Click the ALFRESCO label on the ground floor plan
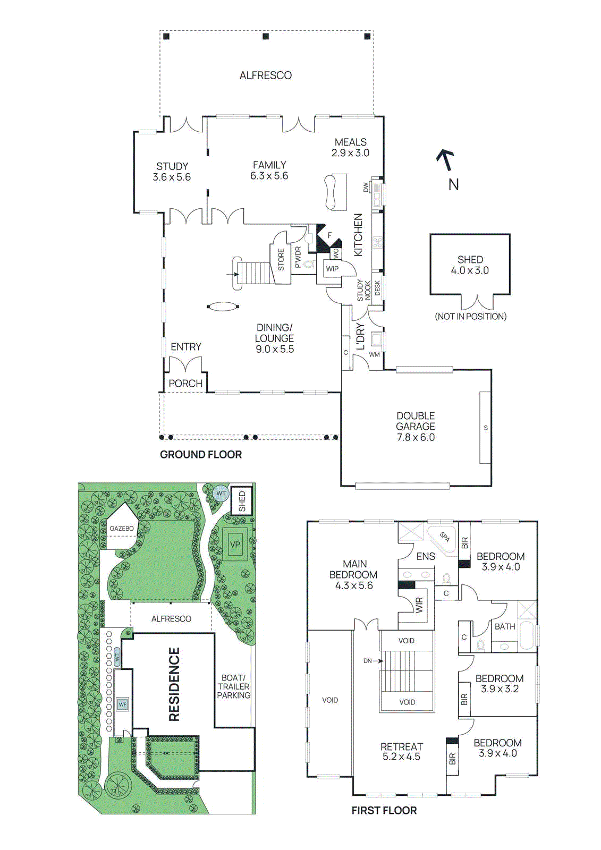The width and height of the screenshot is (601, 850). click(265, 75)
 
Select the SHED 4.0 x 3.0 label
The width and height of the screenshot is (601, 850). click(470, 265)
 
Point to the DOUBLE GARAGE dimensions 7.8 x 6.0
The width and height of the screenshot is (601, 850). click(416, 437)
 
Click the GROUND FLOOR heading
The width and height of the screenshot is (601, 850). click(201, 455)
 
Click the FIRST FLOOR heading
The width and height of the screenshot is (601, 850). click(384, 811)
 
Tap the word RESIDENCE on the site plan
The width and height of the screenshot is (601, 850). click(174, 685)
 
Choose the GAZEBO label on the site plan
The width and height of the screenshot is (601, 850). click(122, 528)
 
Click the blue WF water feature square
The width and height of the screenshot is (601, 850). click(123, 704)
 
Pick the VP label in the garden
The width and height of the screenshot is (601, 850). click(235, 545)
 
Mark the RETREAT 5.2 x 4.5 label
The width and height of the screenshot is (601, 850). click(402, 752)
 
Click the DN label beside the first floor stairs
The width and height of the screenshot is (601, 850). click(368, 661)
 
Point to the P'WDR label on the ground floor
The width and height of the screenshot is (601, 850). click(298, 258)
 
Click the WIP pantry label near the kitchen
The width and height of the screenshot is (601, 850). click(332, 269)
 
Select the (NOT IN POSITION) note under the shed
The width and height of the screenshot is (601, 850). click(471, 317)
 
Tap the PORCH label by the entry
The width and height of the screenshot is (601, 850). click(185, 383)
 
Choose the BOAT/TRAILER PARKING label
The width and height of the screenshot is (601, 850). click(233, 686)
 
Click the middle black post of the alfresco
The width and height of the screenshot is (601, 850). click(266, 37)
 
